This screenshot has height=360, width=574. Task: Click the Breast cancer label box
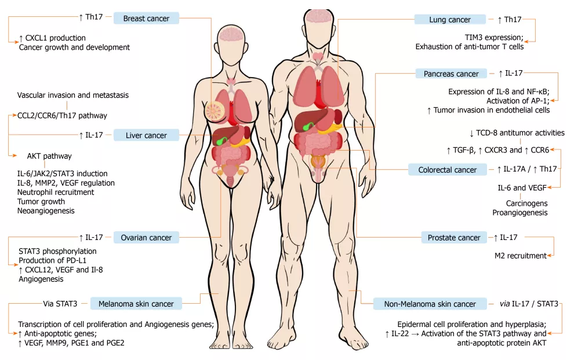click(146, 19)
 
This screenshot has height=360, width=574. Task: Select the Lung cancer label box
click(450, 19)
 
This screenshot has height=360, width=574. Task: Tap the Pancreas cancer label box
click(451, 74)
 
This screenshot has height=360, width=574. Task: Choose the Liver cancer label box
click(146, 135)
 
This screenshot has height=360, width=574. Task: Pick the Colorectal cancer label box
click(448, 170)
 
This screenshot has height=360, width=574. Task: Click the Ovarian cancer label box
click(146, 238)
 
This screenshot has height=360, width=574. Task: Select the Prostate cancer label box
click(454, 238)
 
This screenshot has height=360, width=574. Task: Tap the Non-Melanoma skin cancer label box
click(430, 304)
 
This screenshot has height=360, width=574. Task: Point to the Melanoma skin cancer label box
click(136, 304)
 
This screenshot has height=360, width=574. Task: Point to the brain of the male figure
click(319, 16)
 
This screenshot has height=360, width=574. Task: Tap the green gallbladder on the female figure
click(220, 141)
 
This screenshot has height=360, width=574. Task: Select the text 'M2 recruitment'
click(520, 256)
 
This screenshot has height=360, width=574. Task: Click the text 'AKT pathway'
click(49, 156)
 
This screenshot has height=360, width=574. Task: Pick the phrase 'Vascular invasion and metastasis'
click(73, 95)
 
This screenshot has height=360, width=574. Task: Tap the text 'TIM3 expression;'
click(494, 37)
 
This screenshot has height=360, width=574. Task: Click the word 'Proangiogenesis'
click(520, 213)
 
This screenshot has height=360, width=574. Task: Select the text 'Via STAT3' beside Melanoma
click(60, 304)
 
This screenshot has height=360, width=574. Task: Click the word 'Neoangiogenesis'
click(46, 211)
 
